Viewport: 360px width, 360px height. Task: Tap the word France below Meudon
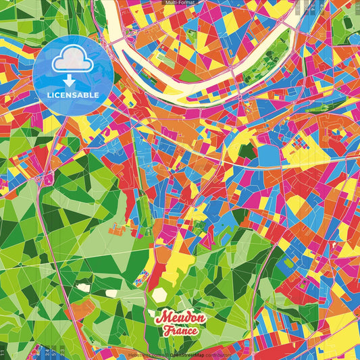pyautogui.click(x=180, y=331)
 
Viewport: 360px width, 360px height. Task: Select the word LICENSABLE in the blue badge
pyautogui.click(x=72, y=95)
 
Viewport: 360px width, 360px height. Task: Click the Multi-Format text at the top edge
pyautogui.click(x=180, y=3)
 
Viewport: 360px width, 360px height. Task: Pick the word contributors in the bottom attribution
pyautogui.click(x=213, y=355)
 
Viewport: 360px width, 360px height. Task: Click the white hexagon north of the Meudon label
pyautogui.click(x=159, y=295)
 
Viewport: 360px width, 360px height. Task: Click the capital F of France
pyautogui.click(x=166, y=331)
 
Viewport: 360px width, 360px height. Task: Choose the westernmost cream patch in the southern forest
pyautogui.click(x=83, y=287)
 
